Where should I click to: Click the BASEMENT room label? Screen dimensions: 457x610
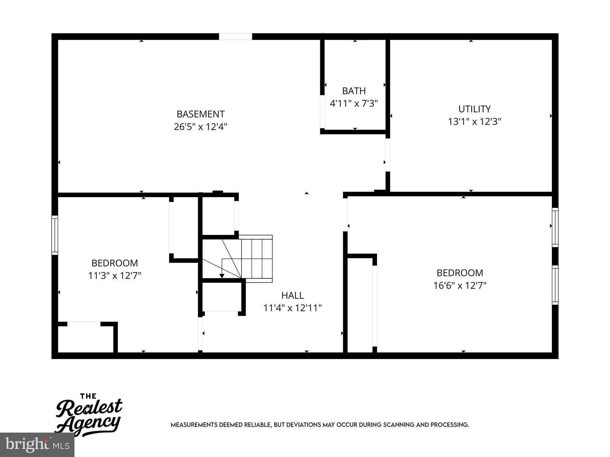click(x=200, y=114)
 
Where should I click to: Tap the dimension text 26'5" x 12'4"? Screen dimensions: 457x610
click(x=200, y=127)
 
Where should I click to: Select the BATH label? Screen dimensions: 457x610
click(x=354, y=91)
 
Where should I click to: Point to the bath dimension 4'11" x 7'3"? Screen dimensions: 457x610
click(x=354, y=104)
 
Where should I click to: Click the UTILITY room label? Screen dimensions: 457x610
click(x=474, y=109)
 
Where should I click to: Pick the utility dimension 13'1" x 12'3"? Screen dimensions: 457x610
click(x=474, y=122)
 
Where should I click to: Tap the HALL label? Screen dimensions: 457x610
click(x=292, y=295)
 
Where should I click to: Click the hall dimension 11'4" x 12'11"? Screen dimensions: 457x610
click(x=292, y=308)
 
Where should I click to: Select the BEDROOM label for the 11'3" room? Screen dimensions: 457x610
click(x=115, y=263)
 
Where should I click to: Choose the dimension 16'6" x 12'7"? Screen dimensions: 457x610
click(x=460, y=286)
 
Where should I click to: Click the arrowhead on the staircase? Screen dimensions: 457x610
click(x=222, y=276)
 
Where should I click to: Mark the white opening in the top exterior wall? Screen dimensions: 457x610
click(x=235, y=37)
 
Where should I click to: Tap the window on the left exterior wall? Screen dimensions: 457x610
click(x=55, y=235)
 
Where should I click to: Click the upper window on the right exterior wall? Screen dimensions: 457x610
click(x=555, y=227)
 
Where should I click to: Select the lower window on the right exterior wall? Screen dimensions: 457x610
click(x=555, y=285)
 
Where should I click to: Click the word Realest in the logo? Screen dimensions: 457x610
click(x=89, y=408)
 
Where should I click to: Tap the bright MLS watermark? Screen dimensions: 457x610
click(x=37, y=445)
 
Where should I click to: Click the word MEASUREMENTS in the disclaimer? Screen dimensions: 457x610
click(x=194, y=425)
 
